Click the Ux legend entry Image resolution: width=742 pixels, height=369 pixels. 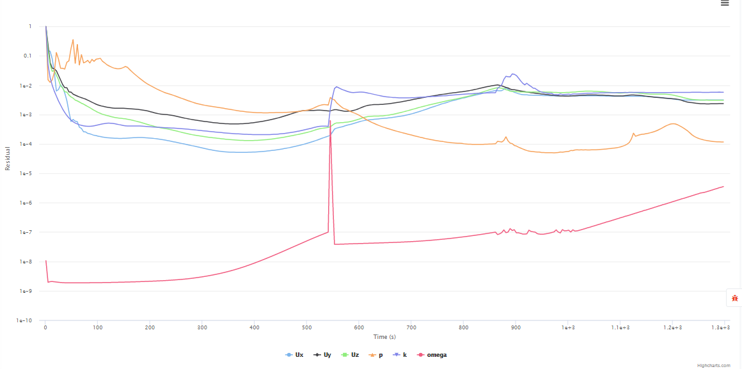[295, 354]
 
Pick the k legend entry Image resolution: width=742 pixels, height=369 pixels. [400, 354]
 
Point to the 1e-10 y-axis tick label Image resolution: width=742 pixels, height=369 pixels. [26, 321]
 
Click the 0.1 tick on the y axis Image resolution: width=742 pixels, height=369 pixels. [27, 56]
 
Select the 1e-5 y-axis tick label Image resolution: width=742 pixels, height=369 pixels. [26, 174]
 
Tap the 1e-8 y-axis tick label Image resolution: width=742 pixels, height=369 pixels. [26, 262]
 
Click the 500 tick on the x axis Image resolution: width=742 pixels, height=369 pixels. [306, 327]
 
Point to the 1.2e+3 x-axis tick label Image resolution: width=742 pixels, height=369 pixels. [672, 327]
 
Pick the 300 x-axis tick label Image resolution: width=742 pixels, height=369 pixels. [201, 327]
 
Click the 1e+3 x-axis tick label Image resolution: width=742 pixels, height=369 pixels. [567, 327]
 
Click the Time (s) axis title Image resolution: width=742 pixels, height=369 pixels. [384, 337]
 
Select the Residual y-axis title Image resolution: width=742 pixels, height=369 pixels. [8, 158]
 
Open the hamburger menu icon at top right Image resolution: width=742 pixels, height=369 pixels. [725, 3]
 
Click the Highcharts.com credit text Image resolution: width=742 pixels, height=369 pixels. [713, 366]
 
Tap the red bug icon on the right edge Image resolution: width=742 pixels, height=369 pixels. [735, 298]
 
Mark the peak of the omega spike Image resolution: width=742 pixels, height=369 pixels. [330, 121]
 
